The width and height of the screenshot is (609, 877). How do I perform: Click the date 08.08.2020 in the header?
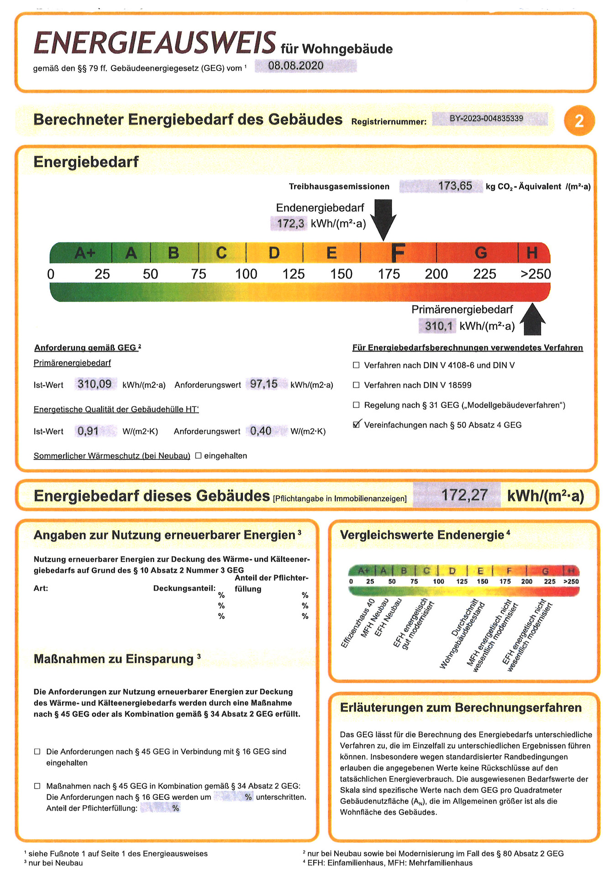pyautogui.click(x=296, y=66)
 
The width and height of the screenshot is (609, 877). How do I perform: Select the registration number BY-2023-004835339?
pyautogui.click(x=486, y=119)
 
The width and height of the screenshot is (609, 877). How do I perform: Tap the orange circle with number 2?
pyautogui.click(x=579, y=121)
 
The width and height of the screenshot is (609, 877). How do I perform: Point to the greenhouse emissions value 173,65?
pyautogui.click(x=455, y=186)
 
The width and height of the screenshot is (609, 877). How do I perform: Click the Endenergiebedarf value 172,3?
pyautogui.click(x=291, y=224)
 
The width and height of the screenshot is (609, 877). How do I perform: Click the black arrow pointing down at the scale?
pyautogui.click(x=383, y=219)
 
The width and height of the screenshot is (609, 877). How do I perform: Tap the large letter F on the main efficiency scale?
pyautogui.click(x=398, y=253)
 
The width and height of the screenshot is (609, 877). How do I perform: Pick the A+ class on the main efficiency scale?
pyautogui.click(x=85, y=253)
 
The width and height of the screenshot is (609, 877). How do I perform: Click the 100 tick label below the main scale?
pyautogui.click(x=246, y=274)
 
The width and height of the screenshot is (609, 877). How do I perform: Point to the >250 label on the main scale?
pyautogui.click(x=535, y=274)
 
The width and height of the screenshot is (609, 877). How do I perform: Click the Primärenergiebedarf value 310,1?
pyautogui.click(x=438, y=326)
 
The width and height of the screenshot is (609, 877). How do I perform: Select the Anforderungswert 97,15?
pyautogui.click(x=264, y=384)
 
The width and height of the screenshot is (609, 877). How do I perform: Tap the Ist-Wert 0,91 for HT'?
pyautogui.click(x=88, y=431)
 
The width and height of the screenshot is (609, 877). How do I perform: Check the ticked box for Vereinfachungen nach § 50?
pyautogui.click(x=357, y=425)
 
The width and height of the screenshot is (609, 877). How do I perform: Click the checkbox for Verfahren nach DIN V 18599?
pyautogui.click(x=356, y=385)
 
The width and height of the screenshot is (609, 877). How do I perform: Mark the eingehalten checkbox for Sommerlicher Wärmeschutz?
pyautogui.click(x=198, y=455)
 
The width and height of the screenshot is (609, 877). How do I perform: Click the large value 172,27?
pyautogui.click(x=464, y=495)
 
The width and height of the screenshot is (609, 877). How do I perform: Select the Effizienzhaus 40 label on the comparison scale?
pyautogui.click(x=358, y=623)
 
